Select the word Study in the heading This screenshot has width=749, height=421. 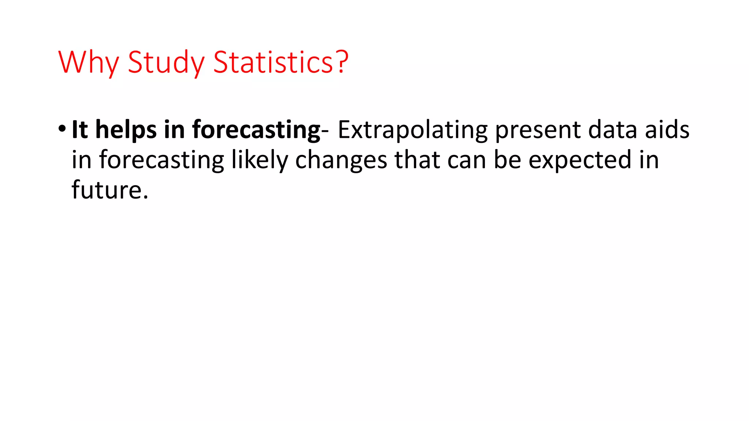(x=166, y=62)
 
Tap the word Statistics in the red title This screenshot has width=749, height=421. (x=273, y=62)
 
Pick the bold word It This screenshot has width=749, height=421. (x=80, y=129)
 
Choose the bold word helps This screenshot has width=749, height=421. (x=126, y=130)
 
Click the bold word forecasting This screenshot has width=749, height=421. (x=256, y=130)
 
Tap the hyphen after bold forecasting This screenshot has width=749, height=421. (x=325, y=131)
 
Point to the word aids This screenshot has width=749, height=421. (x=667, y=129)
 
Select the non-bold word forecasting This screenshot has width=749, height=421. (x=161, y=160)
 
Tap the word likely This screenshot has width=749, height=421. (x=260, y=160)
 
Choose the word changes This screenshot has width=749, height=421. (x=341, y=160)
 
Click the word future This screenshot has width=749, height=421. (x=110, y=190)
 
